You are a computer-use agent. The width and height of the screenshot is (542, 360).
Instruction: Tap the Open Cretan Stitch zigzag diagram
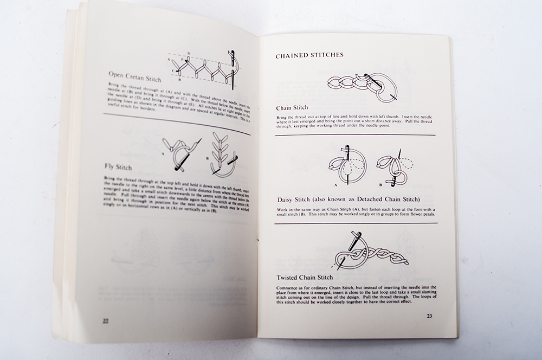(x=203, y=69)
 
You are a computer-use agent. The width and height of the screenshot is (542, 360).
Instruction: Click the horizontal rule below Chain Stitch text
(x=355, y=135)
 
